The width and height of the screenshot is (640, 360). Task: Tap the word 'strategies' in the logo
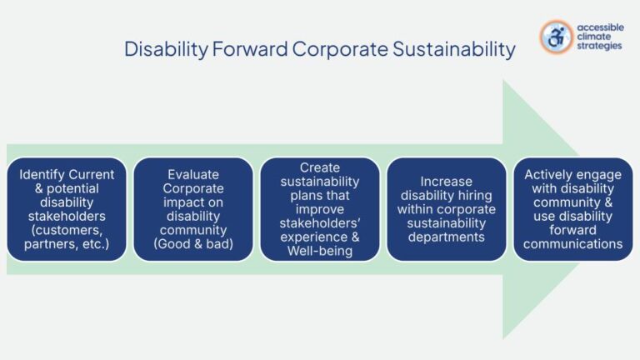pyautogui.click(x=598, y=47)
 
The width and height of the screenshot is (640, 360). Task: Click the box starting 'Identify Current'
pyautogui.click(x=67, y=208)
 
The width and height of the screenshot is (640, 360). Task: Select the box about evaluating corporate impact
pyautogui.click(x=193, y=208)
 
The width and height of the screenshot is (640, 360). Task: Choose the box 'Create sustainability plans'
pyautogui.click(x=319, y=208)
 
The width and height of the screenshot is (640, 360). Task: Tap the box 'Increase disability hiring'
pyautogui.click(x=446, y=208)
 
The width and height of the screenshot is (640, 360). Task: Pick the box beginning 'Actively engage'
pyautogui.click(x=572, y=208)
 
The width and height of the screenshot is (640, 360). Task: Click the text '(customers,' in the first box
pyautogui.click(x=67, y=229)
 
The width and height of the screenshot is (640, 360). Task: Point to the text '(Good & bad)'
pyautogui.click(x=193, y=243)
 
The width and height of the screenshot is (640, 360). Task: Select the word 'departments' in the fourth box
pyautogui.click(x=446, y=237)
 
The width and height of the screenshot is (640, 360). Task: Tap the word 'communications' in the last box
pyautogui.click(x=572, y=243)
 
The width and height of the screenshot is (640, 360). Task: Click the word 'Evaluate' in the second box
pyautogui.click(x=193, y=174)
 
